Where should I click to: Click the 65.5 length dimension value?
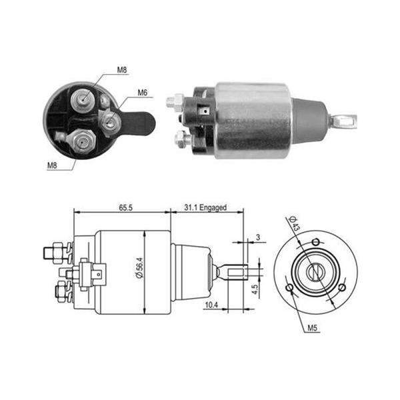tap(126, 207)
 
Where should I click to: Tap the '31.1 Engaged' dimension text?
tap(205, 207)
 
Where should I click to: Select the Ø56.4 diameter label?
tap(140, 267)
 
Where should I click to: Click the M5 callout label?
tap(312, 328)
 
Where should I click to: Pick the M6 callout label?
tap(143, 93)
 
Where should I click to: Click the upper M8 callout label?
tap(122, 70)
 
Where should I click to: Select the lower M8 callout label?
tap(52, 165)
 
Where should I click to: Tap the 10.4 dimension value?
tap(211, 305)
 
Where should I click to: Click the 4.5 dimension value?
tap(255, 289)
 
